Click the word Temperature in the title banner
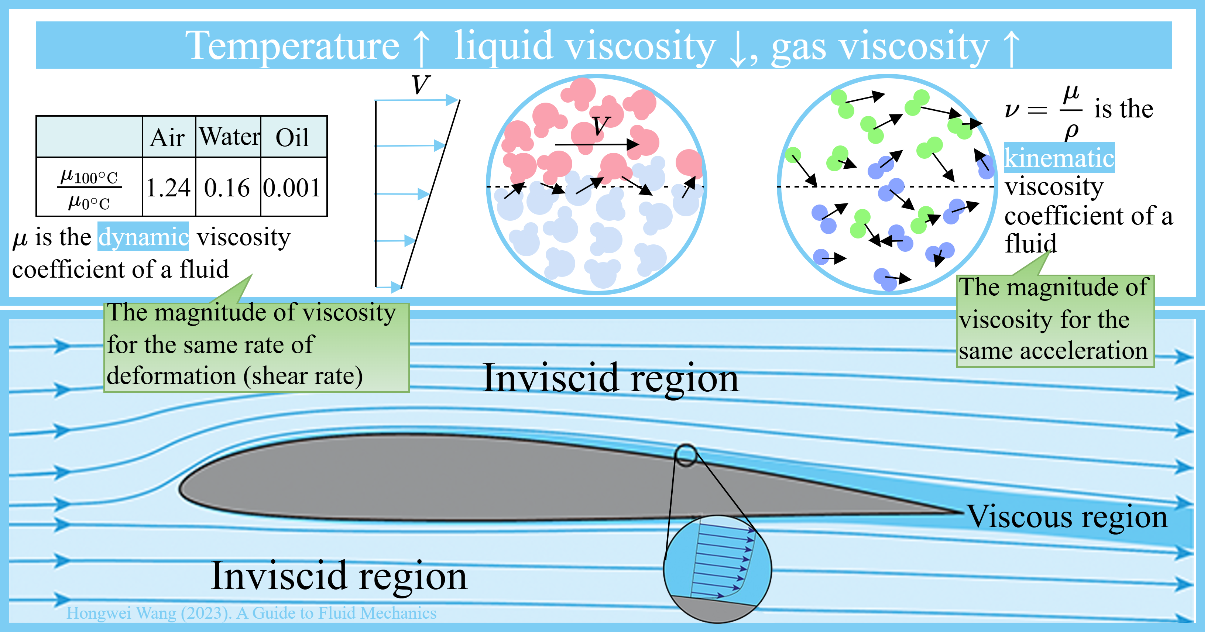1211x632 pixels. (x=292, y=46)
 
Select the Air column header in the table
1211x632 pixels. (x=168, y=137)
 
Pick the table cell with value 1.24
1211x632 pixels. (x=168, y=188)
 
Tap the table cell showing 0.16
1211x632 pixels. (x=227, y=188)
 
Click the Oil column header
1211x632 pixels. (x=292, y=137)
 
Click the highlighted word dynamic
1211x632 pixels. (x=143, y=236)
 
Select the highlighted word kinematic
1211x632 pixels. (x=1059, y=157)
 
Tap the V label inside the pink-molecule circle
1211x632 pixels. (x=600, y=126)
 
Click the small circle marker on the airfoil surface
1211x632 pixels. (x=686, y=455)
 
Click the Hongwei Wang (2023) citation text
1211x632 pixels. (x=251, y=613)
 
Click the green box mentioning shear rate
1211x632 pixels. (x=256, y=346)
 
